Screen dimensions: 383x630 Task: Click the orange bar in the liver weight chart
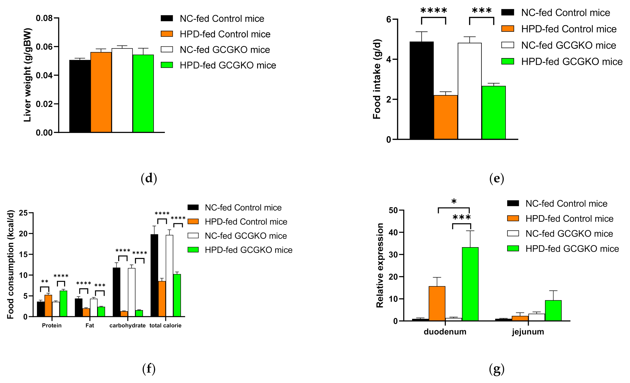pos(101,92)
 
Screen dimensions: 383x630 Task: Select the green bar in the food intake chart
pos(493,113)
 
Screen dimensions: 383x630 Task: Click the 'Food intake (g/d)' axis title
pos(377,79)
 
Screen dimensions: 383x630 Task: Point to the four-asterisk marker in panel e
pos(434,11)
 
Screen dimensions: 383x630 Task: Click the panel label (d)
pos(149,178)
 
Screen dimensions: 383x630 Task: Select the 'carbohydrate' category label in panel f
pos(127,325)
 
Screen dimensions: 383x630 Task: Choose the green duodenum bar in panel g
pos(470,284)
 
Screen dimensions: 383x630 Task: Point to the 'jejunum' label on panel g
pos(528,332)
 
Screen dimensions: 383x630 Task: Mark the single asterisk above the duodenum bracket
pos(454,201)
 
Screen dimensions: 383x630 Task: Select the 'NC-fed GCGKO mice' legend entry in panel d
pos(224,50)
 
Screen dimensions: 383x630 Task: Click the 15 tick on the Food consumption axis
pos(23,254)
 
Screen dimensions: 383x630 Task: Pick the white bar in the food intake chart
pos(469,91)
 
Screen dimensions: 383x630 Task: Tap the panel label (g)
pos(496,369)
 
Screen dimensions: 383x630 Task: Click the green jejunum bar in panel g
pos(553,310)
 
